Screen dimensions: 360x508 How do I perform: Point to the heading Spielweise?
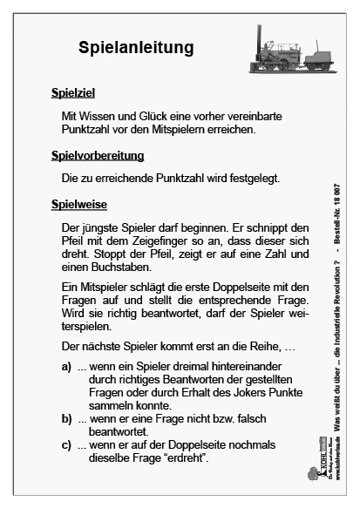78,205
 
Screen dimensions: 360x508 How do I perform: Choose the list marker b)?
66,420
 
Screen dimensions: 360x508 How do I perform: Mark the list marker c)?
66,446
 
